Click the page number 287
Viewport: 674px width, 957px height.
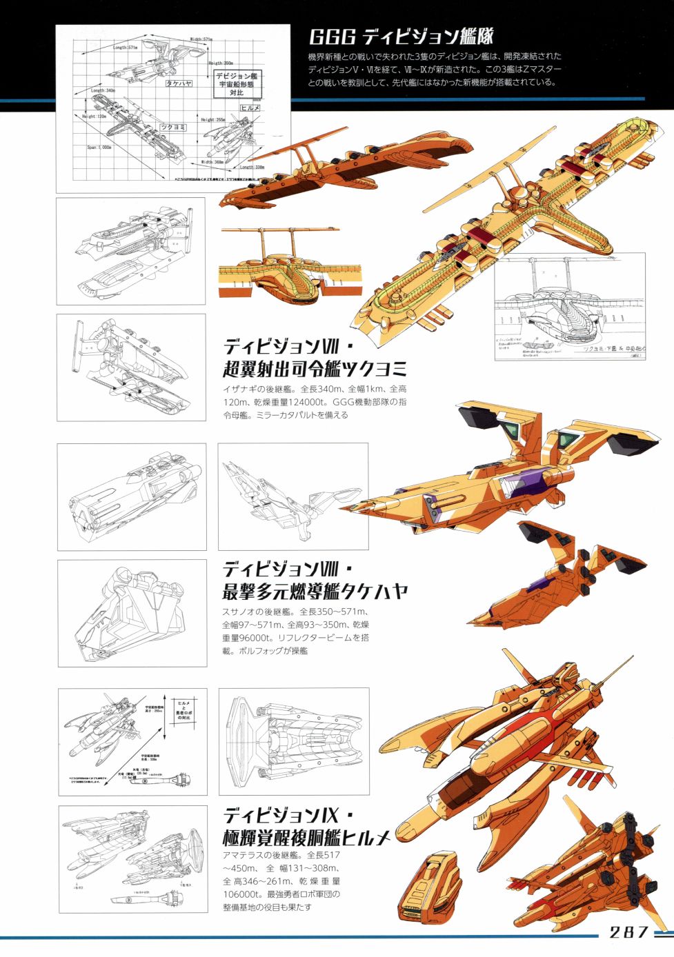[628, 932]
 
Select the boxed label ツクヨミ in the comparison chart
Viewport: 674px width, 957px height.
[173, 127]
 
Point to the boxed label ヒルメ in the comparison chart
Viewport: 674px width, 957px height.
[250, 108]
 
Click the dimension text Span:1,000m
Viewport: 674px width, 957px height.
[99, 147]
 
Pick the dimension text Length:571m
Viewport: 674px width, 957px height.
[125, 48]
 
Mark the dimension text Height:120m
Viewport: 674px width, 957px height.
[95, 117]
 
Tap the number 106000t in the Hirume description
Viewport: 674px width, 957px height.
[242, 894]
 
